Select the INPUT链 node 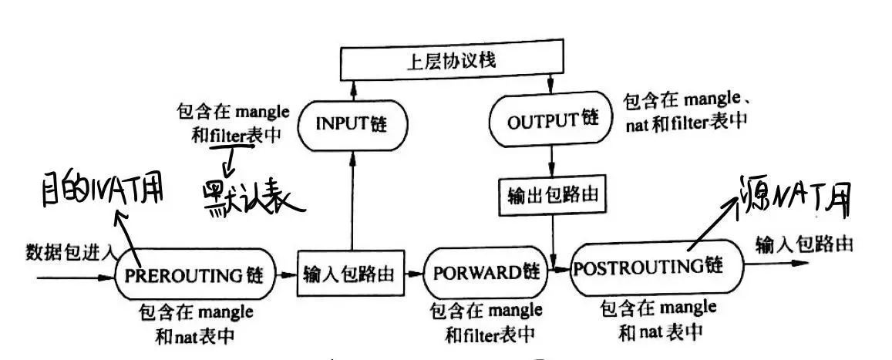(x=352, y=124)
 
